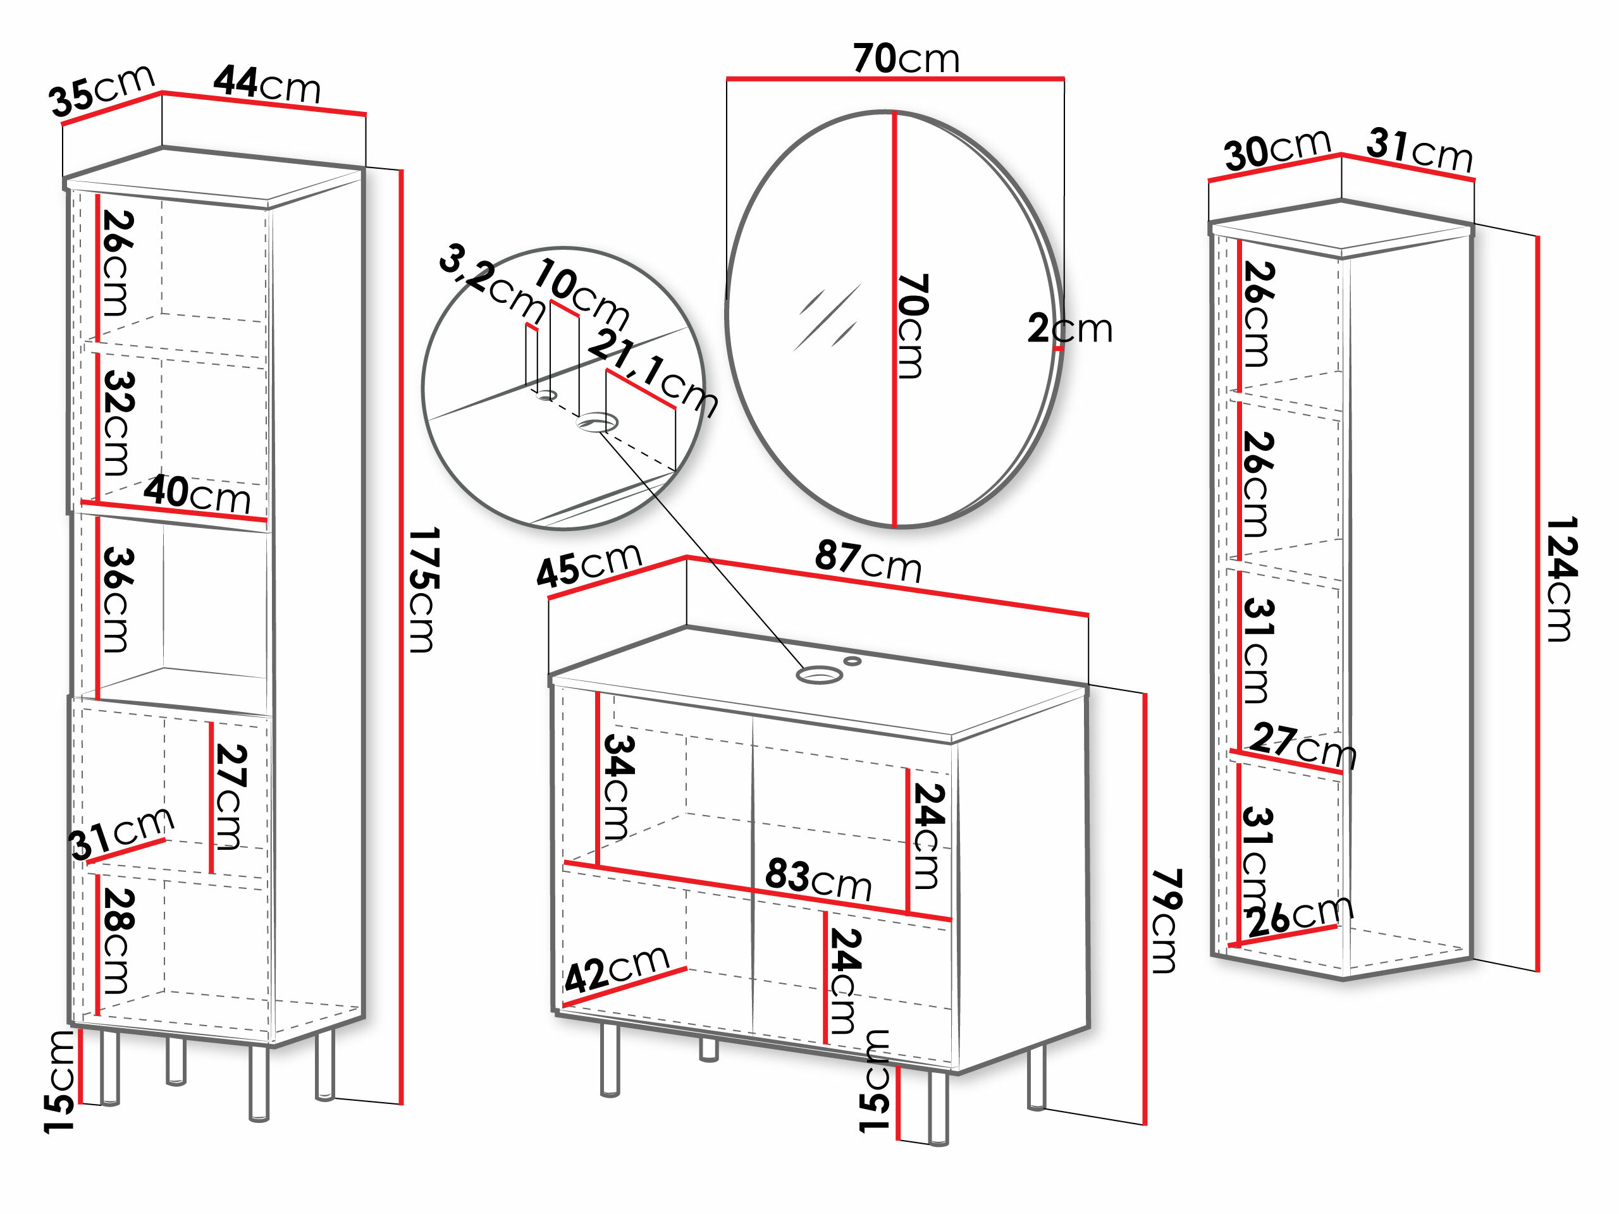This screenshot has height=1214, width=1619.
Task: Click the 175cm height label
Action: (424, 589)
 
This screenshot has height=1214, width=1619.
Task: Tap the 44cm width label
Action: (267, 84)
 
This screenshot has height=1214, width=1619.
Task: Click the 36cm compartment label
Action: (116, 599)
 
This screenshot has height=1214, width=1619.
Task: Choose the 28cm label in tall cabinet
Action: (116, 940)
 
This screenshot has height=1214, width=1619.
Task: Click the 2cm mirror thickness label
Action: (1069, 329)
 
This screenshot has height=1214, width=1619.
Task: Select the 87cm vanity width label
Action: (868, 561)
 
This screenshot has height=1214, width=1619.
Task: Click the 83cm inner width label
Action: (818, 878)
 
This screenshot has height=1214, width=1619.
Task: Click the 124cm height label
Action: (1561, 579)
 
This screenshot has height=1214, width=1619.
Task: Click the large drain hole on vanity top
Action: (819, 674)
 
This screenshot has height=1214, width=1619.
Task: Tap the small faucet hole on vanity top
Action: (852, 661)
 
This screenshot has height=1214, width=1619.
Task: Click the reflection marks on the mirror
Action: (827, 318)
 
